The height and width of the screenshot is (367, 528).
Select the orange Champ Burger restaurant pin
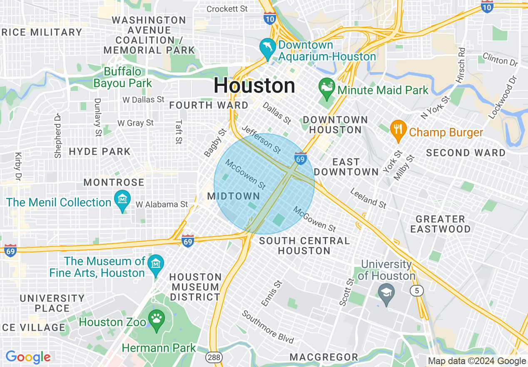point(398,130)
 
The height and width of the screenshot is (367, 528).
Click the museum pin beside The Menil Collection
point(122,200)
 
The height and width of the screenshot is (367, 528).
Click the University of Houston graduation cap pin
point(387,293)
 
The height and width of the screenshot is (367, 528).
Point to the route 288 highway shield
point(214,357)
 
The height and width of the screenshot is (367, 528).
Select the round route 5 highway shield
point(417,291)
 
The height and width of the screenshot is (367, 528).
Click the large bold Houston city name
point(254,86)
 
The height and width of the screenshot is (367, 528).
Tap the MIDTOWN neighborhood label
point(234,196)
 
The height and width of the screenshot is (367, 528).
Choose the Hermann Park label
point(159,348)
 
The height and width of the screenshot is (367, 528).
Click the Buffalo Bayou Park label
point(122,78)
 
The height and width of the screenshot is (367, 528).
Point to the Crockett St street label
point(227,9)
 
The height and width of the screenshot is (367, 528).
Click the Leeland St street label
point(368,198)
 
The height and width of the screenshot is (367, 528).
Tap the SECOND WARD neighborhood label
point(466,153)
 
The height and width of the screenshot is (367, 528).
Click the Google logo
point(28,357)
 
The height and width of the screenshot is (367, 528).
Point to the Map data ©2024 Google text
point(477,361)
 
